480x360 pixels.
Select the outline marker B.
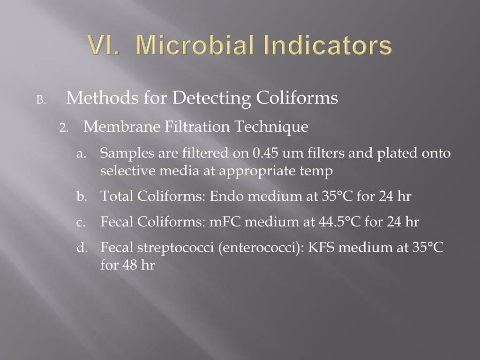(x=41, y=100)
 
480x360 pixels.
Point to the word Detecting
(x=212, y=98)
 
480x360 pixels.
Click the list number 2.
(x=64, y=128)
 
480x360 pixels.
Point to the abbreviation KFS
(x=321, y=247)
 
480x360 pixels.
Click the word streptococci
(x=176, y=247)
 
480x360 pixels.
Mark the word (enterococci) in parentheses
(x=259, y=247)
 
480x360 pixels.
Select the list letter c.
(x=81, y=222)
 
